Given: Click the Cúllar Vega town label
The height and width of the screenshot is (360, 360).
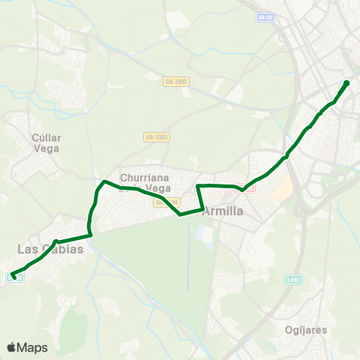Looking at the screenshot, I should tap(46, 143).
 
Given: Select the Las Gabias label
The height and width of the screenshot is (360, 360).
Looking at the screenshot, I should tap(49, 249).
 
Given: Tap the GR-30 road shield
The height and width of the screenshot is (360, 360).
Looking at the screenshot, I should tap(263, 16).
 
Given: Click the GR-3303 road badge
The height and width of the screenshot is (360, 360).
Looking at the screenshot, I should tap(157, 137).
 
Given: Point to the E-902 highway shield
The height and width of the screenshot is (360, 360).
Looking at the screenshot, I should tap(292, 279).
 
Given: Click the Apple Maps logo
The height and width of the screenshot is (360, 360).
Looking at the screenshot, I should tap(27, 347).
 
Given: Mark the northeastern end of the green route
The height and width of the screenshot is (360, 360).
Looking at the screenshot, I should tap(346, 83).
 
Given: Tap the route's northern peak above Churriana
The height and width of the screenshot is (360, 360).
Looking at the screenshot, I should tap(103, 181).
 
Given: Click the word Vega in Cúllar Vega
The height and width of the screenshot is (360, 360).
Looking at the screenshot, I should tap(46, 148).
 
